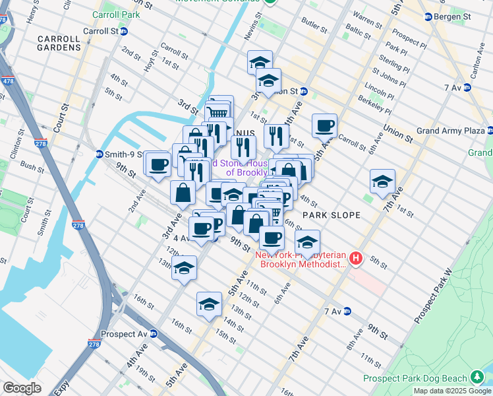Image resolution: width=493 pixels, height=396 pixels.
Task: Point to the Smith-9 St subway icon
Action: (99, 154)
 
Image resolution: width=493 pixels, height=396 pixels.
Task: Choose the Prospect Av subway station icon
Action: (153, 334)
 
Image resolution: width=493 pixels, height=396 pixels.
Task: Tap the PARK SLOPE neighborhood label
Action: (331, 215)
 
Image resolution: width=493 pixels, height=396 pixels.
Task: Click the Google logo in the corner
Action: (22, 387)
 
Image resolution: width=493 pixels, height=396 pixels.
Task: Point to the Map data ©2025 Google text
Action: (451, 391)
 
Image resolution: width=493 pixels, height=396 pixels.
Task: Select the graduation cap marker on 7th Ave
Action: (382, 181)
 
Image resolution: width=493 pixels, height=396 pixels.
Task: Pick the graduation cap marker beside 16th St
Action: (209, 304)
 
